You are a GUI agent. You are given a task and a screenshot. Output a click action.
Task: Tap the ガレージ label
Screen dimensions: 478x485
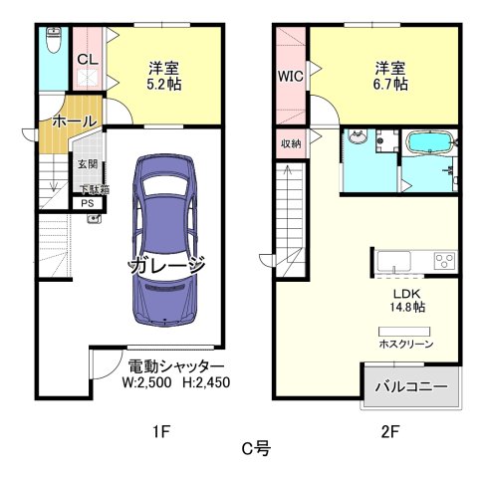click(166, 266)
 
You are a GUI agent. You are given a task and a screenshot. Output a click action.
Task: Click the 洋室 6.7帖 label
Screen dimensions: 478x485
click(390, 76)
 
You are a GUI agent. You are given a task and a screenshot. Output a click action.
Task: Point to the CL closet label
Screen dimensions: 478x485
click(87, 60)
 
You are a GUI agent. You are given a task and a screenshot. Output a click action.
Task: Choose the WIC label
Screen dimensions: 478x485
click(290, 76)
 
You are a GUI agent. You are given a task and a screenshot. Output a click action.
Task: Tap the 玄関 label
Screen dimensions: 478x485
click(86, 163)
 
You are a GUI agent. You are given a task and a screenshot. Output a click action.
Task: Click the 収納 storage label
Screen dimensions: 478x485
click(290, 143)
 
